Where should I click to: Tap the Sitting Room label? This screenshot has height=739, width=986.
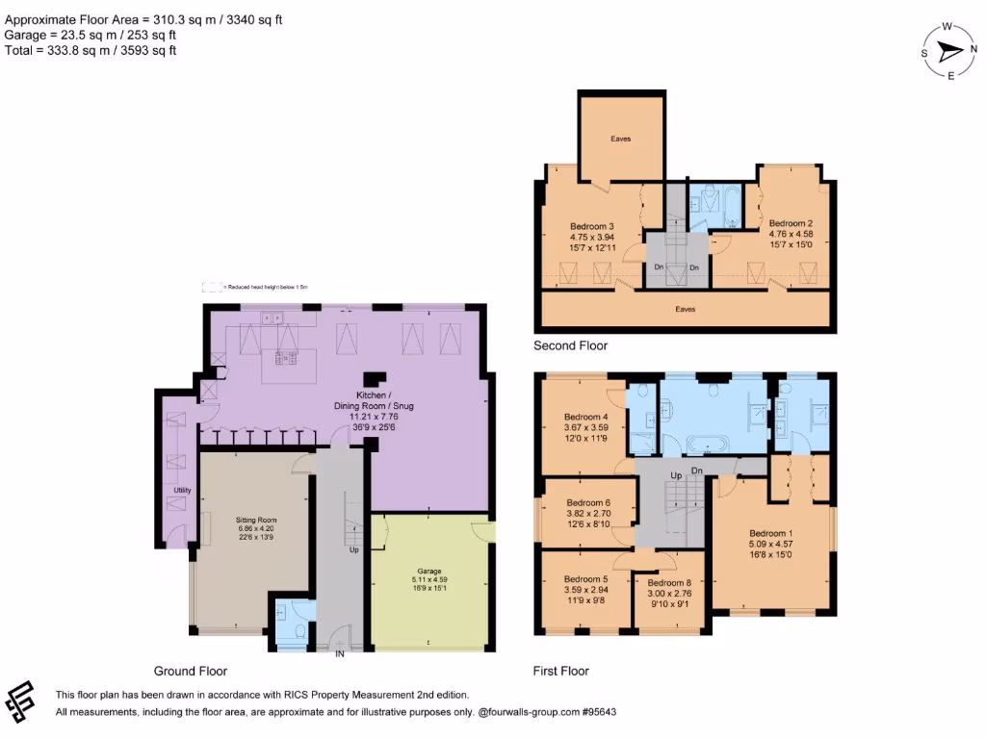(256, 521)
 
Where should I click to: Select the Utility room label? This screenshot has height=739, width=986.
(183, 491)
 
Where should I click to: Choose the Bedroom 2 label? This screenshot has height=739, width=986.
(791, 222)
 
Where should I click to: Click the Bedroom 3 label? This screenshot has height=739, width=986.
(591, 227)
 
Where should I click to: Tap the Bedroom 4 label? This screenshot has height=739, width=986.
(586, 418)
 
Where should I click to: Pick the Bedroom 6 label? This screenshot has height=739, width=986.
(587, 502)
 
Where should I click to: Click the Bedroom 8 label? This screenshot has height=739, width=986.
(668, 583)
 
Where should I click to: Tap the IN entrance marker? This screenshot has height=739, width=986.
(339, 654)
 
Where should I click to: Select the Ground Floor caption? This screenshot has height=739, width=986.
(191, 671)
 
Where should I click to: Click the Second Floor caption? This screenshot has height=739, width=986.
(570, 345)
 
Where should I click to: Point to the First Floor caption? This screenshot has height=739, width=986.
(560, 671)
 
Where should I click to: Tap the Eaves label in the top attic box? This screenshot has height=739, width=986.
(621, 140)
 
